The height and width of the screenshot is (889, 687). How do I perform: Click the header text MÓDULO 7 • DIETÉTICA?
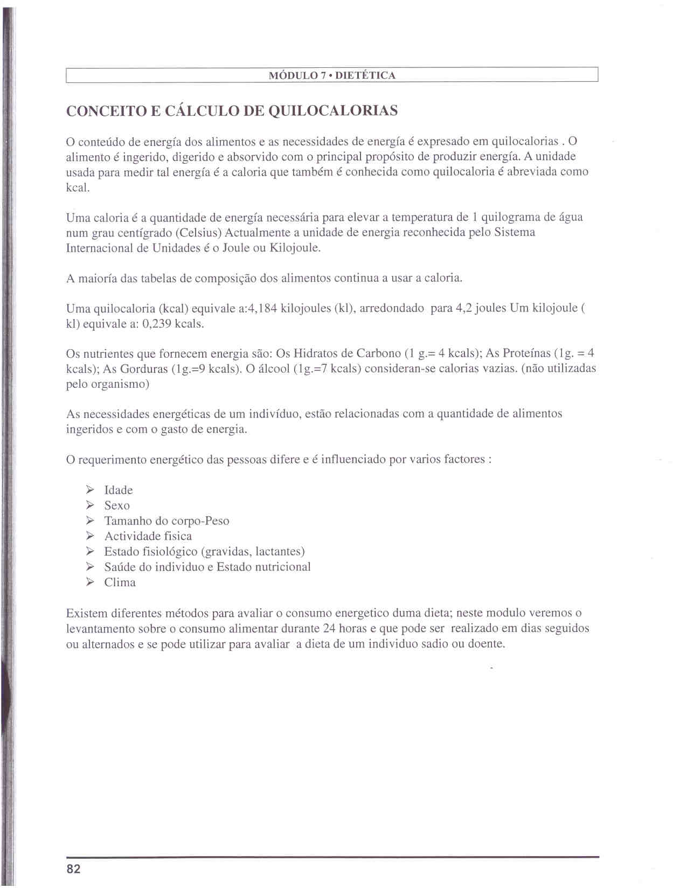pos(332,75)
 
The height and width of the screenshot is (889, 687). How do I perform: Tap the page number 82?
pos(73,869)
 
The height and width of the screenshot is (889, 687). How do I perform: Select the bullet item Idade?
pos(119,490)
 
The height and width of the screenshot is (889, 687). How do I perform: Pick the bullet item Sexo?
pos(117,506)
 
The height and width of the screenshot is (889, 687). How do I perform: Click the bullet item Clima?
pos(120,583)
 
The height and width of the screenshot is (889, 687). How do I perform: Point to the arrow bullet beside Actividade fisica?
pos(91,536)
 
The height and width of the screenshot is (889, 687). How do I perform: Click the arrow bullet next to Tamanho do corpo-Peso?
pos(91,521)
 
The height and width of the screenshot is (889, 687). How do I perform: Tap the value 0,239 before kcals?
pos(157,324)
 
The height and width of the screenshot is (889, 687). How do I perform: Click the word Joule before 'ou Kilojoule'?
pos(234,248)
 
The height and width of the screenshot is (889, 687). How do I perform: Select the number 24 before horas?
pos(329,629)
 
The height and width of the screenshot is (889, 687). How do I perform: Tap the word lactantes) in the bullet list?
pos(280,552)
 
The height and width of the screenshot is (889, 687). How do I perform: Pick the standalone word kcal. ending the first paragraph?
pos(78,187)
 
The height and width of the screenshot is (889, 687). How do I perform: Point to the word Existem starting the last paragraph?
pos(87,613)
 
